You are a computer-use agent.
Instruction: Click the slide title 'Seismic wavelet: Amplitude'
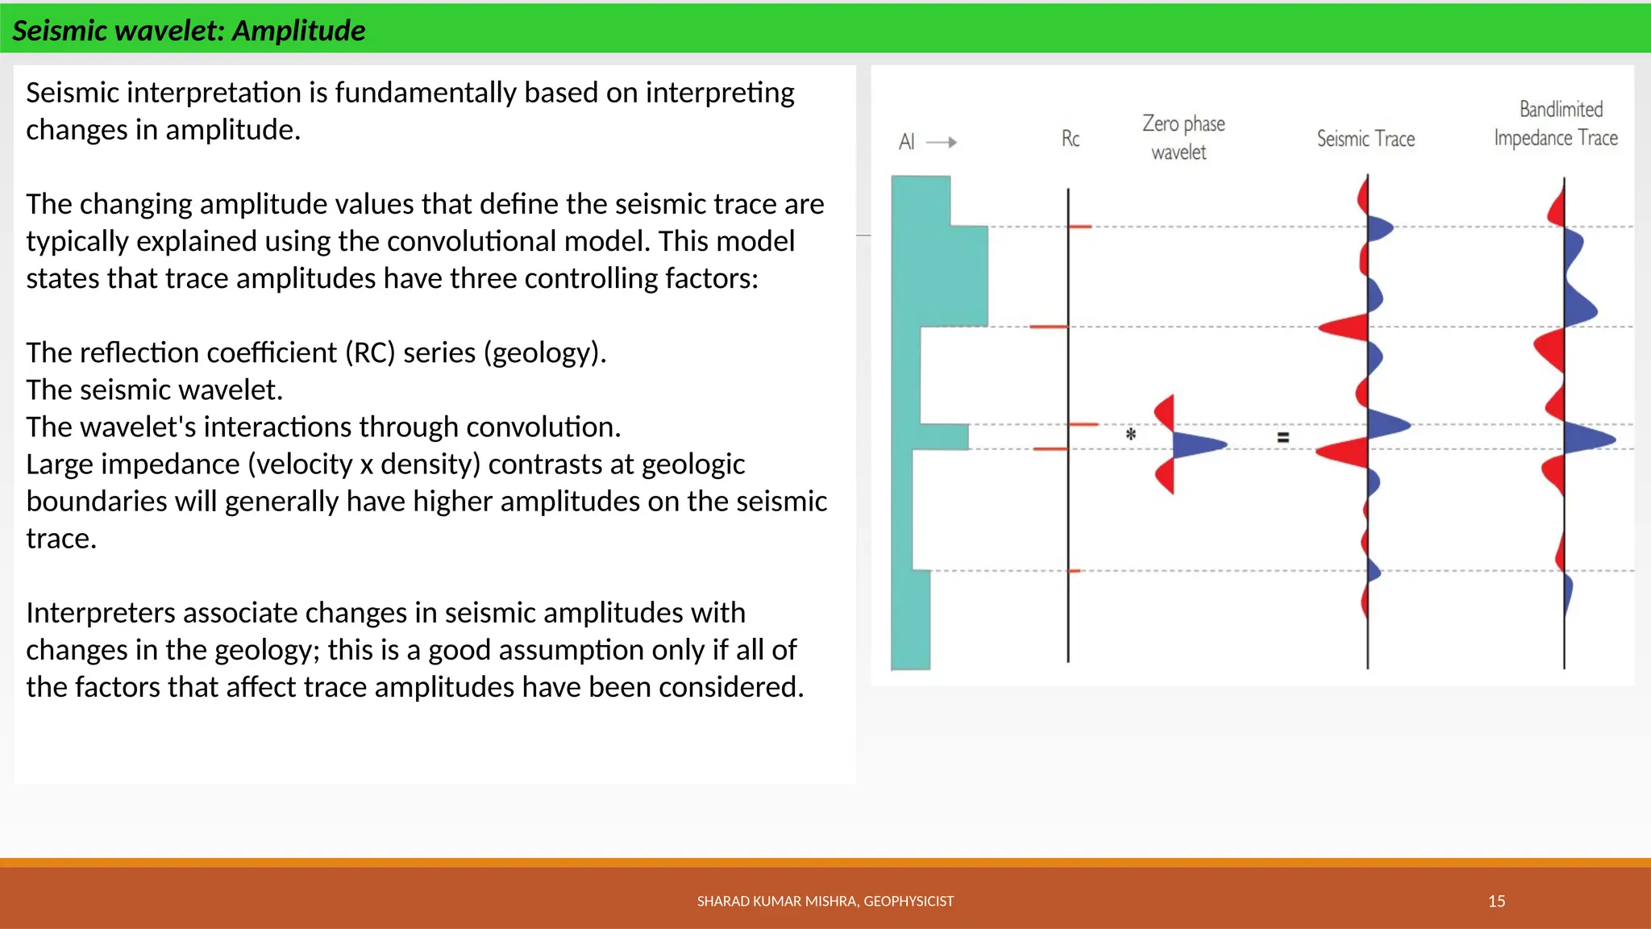189,31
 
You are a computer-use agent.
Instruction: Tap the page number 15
1496,901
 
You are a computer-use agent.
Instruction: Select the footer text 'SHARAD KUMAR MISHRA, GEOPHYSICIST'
825,901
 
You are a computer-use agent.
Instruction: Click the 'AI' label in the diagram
906,142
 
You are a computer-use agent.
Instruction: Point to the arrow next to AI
942,142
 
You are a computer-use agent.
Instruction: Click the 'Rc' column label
1070,139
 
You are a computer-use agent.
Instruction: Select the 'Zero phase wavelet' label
1182,137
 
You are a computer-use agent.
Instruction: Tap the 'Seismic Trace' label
1366,139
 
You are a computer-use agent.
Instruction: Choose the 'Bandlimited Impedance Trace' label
1556,123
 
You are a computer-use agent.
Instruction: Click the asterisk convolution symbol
1131,435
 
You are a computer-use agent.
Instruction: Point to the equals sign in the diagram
1283,437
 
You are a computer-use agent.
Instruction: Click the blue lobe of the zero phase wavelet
1196,444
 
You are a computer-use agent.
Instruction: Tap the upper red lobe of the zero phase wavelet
1165,412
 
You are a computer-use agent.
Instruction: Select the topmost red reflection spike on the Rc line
1080,227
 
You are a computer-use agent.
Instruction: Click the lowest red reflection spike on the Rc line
1074,571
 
